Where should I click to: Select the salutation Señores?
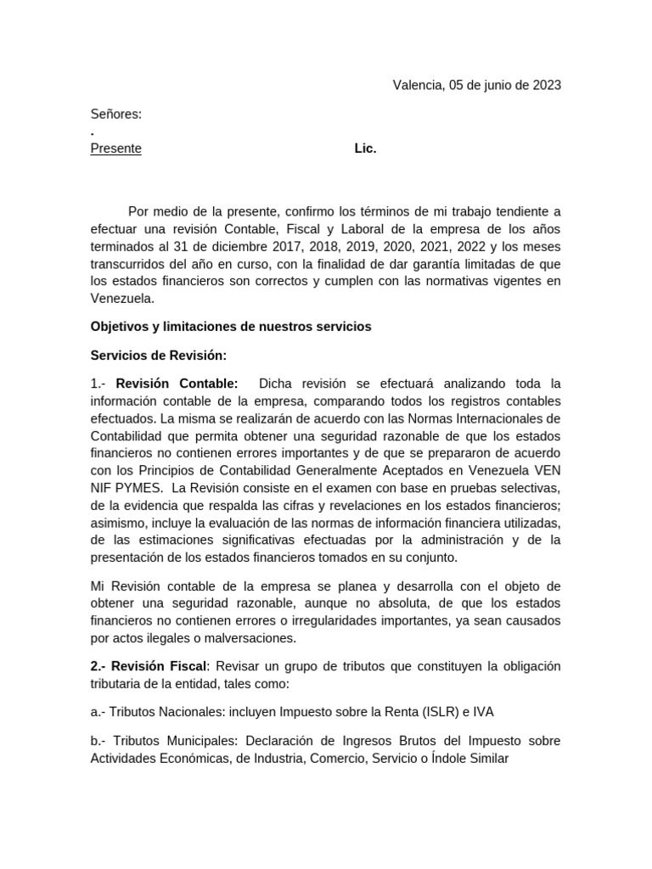click(x=116, y=115)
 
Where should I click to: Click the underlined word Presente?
click(x=116, y=149)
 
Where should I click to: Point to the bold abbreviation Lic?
click(x=365, y=149)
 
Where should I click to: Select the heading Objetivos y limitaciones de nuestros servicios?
click(x=231, y=327)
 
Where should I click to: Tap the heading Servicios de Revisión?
click(x=159, y=356)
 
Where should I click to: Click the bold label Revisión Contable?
click(x=177, y=384)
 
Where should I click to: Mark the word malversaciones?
click(x=253, y=638)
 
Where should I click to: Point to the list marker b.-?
click(x=100, y=741)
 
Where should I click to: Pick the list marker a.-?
click(x=100, y=712)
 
